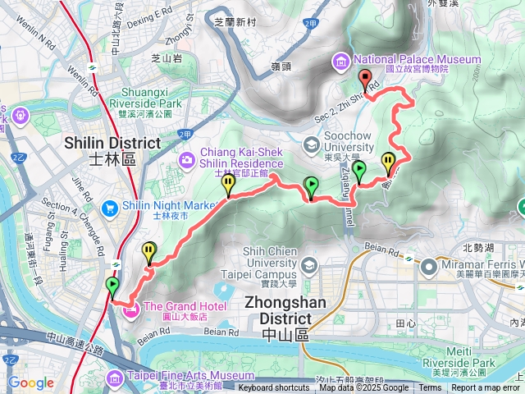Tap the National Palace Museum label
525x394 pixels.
pyautogui.click(x=418, y=59)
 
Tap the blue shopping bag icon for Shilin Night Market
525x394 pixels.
pyautogui.click(x=109, y=206)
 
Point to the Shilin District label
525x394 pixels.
pyautogui.click(x=112, y=149)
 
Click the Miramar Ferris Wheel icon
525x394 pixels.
pyautogui.click(x=429, y=266)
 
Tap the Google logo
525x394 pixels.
pyautogui.click(x=31, y=383)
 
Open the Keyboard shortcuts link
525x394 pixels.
pyautogui.click(x=273, y=388)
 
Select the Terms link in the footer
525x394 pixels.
pyautogui.click(x=429, y=388)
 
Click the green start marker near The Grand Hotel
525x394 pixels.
pyautogui.click(x=112, y=286)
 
